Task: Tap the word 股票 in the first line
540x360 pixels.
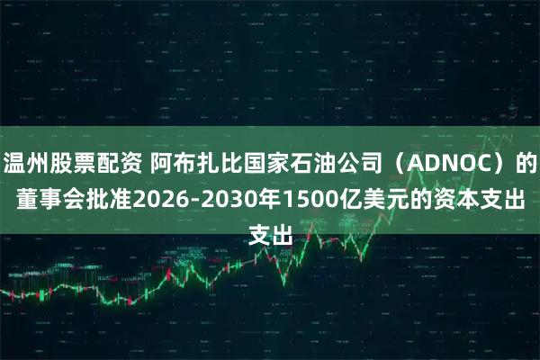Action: pyautogui.click(x=75, y=164)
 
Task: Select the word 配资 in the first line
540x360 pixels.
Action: pyautogui.click(x=121, y=164)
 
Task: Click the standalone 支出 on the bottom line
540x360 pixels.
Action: pyautogui.click(x=270, y=238)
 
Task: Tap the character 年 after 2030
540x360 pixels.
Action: pyautogui.click(x=265, y=201)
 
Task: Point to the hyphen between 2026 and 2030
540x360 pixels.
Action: pyautogui.click(x=191, y=202)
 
